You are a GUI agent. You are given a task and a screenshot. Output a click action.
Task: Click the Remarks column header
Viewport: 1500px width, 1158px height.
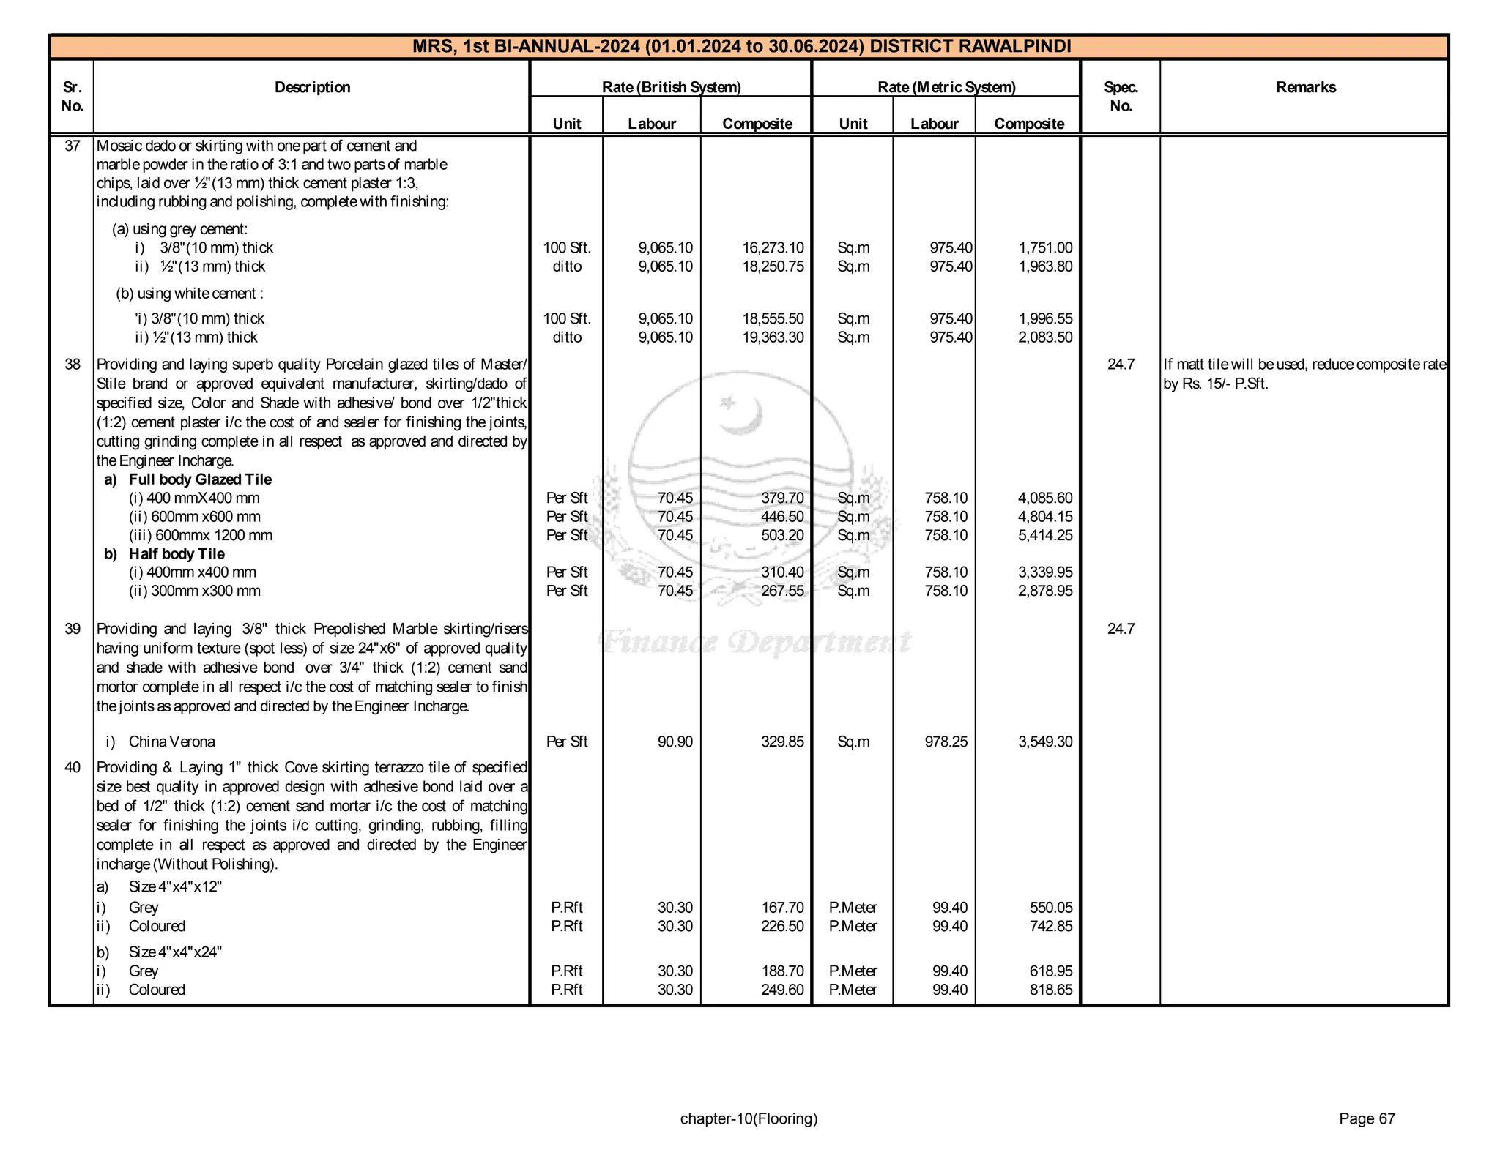[x=1305, y=87]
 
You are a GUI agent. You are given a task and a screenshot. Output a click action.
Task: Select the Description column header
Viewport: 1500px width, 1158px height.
[x=312, y=87]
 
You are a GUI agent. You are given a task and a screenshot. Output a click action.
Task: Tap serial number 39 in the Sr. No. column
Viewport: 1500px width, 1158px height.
[x=72, y=629]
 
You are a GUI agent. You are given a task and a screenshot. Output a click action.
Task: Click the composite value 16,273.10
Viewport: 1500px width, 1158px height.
[x=773, y=248]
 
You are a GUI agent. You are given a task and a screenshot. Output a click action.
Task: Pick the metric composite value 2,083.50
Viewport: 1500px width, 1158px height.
[x=1045, y=337]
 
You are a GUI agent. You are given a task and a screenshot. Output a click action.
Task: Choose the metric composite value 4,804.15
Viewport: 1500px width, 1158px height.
[x=1045, y=517]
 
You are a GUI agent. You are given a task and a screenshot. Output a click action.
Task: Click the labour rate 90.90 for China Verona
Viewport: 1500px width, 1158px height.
[x=675, y=742]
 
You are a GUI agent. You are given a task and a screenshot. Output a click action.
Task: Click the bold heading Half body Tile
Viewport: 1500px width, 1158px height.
[x=177, y=554]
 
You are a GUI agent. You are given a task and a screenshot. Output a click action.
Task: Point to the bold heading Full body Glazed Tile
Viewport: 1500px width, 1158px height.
[x=200, y=479]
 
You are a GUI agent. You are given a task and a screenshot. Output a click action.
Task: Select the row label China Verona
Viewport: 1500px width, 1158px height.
[x=171, y=742]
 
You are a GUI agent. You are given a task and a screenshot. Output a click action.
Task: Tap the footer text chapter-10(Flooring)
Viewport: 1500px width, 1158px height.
[x=749, y=1118]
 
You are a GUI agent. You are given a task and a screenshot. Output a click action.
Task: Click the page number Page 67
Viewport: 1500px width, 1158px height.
[x=1367, y=1118]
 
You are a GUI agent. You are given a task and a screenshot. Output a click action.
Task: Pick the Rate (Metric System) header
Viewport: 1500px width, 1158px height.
[x=946, y=87]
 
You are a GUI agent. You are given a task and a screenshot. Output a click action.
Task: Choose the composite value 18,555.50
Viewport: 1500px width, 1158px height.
[x=773, y=319]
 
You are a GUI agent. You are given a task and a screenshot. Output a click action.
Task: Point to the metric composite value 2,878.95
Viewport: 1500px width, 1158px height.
[x=1045, y=591]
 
